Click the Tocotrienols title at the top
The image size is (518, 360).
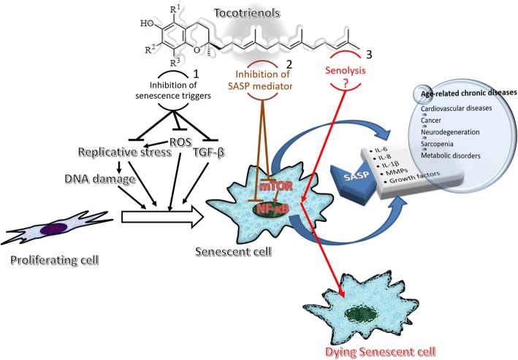247,13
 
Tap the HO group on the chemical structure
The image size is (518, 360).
148,23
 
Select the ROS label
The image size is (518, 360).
180,142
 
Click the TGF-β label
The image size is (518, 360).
208,153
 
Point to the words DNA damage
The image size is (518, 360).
100,179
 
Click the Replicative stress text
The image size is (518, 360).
124,152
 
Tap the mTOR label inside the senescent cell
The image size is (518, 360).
276,186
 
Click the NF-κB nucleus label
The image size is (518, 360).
272,209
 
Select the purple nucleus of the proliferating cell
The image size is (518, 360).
55,229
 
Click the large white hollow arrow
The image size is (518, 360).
162,218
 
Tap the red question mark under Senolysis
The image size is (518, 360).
346,83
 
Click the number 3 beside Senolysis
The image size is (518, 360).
369,55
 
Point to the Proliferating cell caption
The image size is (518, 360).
55,260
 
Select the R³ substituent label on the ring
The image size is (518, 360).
175,63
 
